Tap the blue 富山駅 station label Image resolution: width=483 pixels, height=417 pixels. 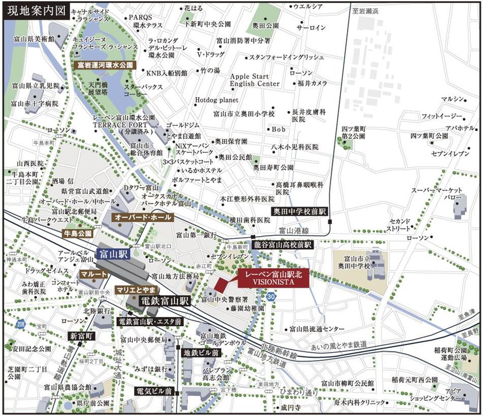pos(113,253)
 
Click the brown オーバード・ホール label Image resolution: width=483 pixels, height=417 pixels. pos(144,217)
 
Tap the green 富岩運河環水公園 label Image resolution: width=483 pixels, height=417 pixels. pos(105,65)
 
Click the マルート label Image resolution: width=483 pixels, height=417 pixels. pos(94,274)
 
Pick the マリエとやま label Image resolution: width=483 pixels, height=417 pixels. pos(136,289)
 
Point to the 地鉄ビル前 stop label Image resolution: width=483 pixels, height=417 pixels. pos(201,352)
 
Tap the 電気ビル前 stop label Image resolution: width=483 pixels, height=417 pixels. pos(154,392)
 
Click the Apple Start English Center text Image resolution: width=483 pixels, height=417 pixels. pos(255,80)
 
